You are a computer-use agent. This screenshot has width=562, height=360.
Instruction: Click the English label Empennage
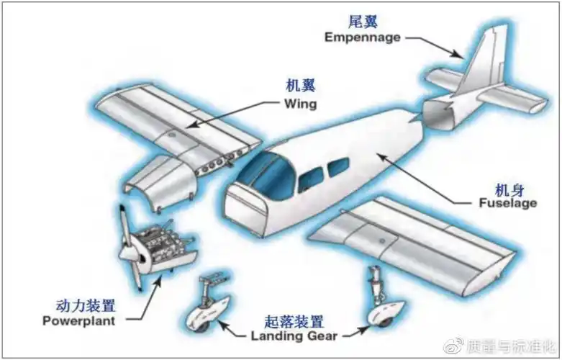pos(362,37)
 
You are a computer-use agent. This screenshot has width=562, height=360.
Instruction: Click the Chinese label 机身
pos(509,189)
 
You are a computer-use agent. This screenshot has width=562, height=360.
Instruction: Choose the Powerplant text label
pos(78,321)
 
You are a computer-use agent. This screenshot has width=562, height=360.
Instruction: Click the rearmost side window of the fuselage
pos(337,168)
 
